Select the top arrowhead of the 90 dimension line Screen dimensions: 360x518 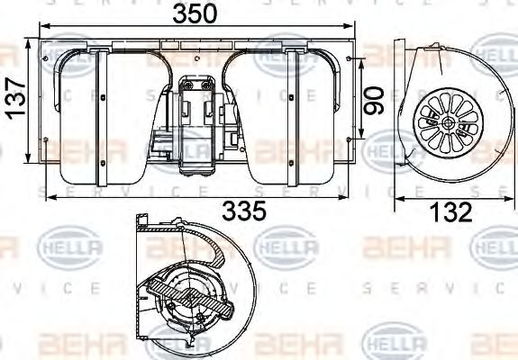(361, 61)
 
